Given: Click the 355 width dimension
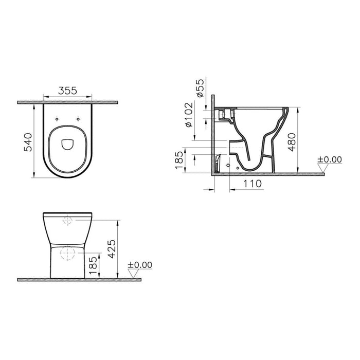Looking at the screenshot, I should coord(67,91).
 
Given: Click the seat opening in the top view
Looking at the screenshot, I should coord(67,143).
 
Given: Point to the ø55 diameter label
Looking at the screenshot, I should coord(201,88).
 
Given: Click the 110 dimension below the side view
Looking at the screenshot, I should coord(252,184).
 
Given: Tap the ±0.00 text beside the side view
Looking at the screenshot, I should coord(329,159).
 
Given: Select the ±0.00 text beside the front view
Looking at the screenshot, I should coord(140,265).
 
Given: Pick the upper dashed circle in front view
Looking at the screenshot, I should coord(68,221).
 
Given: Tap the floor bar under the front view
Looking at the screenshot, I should coord(77,280).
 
